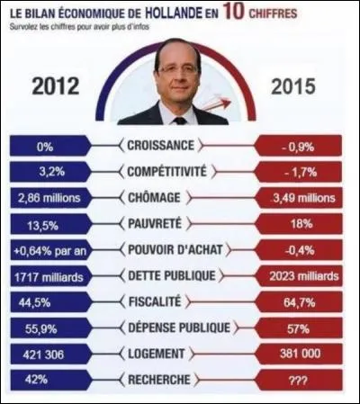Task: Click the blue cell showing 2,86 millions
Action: tap(47, 196)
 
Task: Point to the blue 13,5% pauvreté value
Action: tap(47, 222)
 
